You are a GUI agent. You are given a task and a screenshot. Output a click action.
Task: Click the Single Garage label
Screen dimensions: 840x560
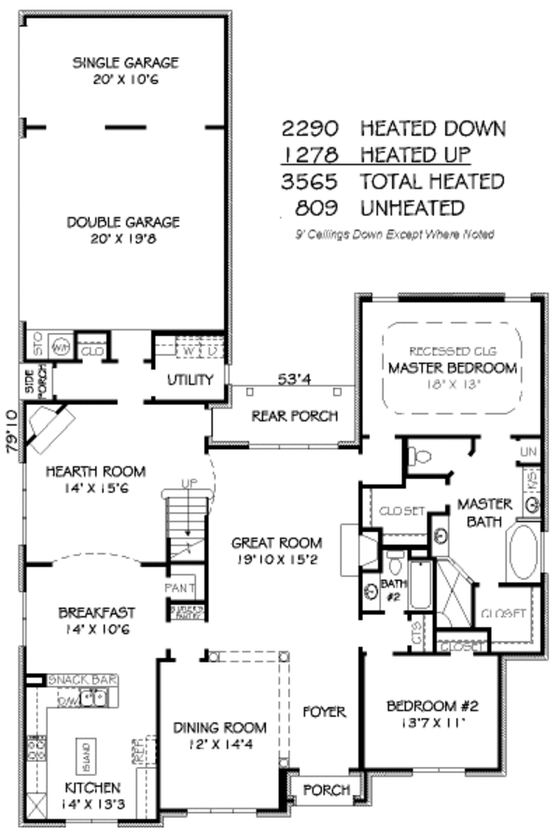tap(125, 63)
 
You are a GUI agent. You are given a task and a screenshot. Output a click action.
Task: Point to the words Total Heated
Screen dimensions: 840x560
tap(432, 181)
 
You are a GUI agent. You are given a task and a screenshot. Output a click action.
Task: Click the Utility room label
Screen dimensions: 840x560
tap(190, 380)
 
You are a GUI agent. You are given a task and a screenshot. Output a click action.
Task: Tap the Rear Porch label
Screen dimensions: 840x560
tap(294, 416)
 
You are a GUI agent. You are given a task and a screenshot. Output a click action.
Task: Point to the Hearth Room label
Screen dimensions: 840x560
tap(90, 471)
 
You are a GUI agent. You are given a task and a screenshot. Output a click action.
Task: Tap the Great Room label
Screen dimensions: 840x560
tap(277, 542)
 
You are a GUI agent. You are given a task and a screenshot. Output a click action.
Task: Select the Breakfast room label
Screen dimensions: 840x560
tap(96, 613)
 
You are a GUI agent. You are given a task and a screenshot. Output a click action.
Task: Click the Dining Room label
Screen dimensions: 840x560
tap(220, 727)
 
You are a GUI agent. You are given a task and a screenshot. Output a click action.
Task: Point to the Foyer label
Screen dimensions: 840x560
tap(324, 712)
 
